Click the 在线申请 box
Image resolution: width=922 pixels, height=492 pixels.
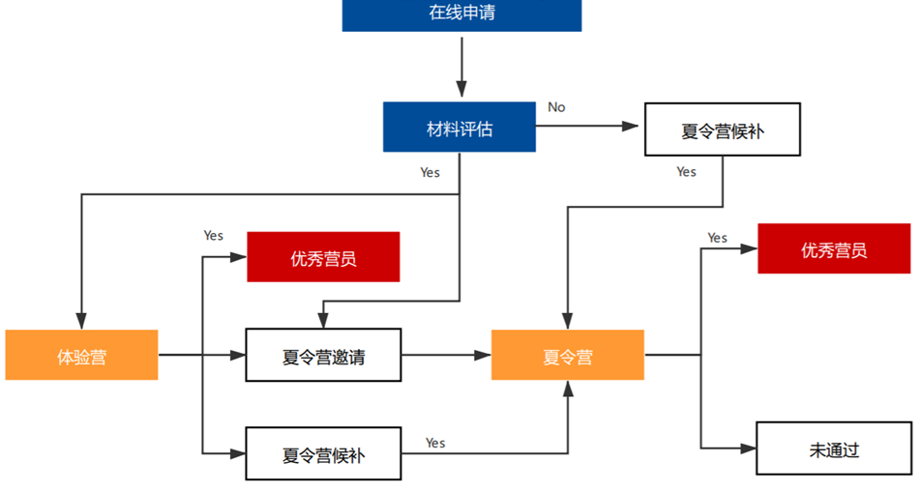(461, 14)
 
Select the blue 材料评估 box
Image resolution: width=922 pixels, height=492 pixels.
(459, 128)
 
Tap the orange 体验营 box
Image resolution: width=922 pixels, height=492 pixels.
(81, 356)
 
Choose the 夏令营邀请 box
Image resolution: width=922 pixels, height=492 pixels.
(323, 356)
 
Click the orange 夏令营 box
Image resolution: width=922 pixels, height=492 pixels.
(567, 356)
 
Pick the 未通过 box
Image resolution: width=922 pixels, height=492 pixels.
(833, 449)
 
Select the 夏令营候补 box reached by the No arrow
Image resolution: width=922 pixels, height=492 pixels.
(722, 130)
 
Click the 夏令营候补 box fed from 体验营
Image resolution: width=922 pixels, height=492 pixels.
(323, 453)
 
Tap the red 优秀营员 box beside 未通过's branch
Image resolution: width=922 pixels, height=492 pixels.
(833, 249)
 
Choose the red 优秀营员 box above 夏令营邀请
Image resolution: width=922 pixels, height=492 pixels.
(323, 257)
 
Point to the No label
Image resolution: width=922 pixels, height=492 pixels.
(556, 107)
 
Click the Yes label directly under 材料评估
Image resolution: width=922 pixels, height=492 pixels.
(430, 172)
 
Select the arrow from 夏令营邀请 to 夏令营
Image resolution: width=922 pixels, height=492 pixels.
(446, 356)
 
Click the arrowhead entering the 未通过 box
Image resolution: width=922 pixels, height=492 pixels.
(748, 449)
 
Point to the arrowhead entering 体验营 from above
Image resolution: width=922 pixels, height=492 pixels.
(81, 322)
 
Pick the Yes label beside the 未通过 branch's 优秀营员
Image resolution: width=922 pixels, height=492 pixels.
(717, 238)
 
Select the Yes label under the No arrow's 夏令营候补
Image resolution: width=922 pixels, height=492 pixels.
(686, 172)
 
